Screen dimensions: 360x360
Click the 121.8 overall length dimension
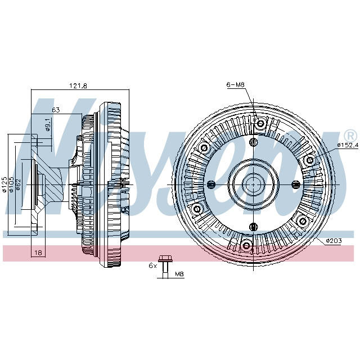coord(78,85)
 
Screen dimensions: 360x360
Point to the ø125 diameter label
coord(4,184)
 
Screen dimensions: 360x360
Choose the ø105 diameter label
coord(12,184)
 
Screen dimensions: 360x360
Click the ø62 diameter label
coord(19,184)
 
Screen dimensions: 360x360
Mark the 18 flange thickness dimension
coord(38,253)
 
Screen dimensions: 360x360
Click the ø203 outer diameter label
coord(334,241)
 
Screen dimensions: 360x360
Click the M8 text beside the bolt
coord(180,274)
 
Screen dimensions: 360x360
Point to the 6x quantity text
coord(151,264)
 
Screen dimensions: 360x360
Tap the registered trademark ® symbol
coord(349,136)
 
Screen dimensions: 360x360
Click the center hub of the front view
coord(253,184)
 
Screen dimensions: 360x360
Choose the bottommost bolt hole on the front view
coord(246,245)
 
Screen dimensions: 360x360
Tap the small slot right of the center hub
coord(295,184)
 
